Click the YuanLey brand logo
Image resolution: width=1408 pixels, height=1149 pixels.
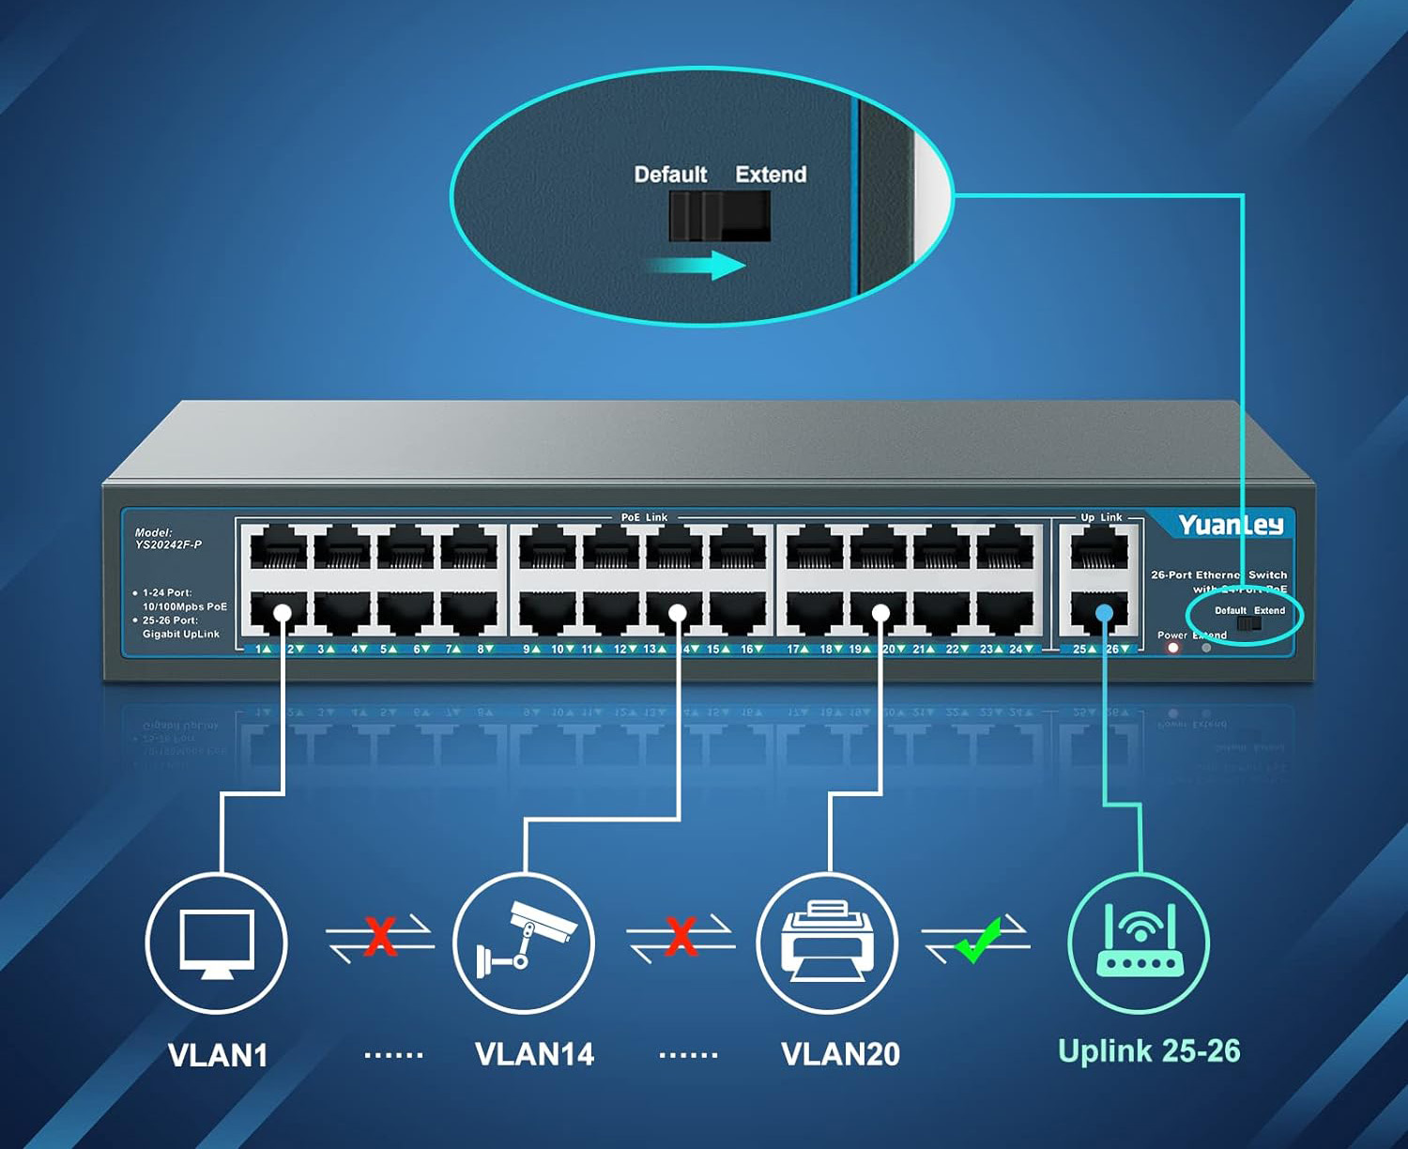click(1230, 525)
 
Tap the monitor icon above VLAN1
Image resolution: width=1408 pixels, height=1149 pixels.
click(217, 942)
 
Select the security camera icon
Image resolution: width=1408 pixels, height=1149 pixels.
click(524, 942)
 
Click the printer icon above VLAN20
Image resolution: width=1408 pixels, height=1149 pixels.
click(828, 942)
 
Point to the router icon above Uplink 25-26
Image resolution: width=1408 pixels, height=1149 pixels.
click(1139, 942)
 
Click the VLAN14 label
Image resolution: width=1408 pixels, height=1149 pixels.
click(534, 1054)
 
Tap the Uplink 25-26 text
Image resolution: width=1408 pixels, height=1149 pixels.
click(1149, 1050)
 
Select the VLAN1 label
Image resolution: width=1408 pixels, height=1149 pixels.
click(218, 1055)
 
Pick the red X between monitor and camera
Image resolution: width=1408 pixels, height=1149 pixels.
click(379, 936)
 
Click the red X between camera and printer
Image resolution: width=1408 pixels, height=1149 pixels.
click(681, 936)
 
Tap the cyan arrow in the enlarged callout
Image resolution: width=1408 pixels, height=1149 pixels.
click(699, 265)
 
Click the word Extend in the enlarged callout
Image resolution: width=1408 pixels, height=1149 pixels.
click(771, 175)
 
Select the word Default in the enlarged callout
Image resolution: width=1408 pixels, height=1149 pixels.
click(670, 175)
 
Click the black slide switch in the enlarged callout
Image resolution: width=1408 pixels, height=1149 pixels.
click(719, 216)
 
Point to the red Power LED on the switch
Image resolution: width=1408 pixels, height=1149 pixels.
click(1172, 648)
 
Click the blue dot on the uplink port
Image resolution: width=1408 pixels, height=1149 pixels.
click(1104, 613)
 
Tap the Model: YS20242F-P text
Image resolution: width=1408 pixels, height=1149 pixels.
click(168, 538)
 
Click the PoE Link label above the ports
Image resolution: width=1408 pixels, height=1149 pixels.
click(644, 517)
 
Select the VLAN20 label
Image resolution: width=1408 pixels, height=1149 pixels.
click(840, 1054)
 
